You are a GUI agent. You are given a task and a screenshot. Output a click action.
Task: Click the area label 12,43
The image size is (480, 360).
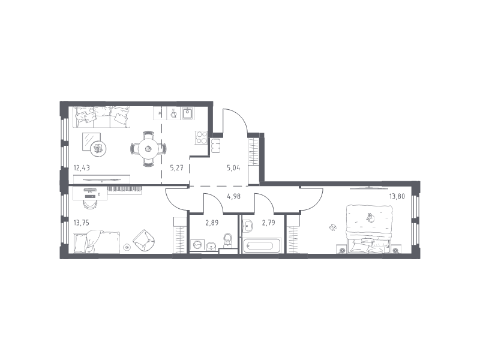tap(82, 168)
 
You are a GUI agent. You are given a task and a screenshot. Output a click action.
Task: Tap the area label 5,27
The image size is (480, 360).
tap(176, 168)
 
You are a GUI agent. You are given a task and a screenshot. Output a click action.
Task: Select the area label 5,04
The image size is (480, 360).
tap(233, 168)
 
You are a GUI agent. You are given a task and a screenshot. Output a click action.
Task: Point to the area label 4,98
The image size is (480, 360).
tap(233, 196)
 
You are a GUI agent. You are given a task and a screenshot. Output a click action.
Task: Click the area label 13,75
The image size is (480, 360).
tap(82, 223)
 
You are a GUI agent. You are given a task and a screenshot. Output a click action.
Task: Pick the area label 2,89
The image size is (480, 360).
tap(212, 223)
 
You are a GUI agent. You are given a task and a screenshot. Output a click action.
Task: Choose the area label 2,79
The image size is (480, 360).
tap(268, 223)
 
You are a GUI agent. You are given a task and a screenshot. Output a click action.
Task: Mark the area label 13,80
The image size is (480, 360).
tap(397, 196)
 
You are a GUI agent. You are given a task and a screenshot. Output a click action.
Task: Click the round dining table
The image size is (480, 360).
tap(148, 149)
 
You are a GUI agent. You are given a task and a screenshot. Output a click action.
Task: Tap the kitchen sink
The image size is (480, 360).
tap(187, 113)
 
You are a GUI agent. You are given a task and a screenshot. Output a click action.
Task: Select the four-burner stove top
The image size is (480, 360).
tap(202, 138)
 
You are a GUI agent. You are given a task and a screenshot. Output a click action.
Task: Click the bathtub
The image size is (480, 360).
tap(262, 246)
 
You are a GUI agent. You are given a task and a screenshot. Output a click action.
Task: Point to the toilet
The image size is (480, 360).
tap(228, 241)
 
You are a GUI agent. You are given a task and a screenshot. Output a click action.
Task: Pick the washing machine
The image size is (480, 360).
tap(196, 245)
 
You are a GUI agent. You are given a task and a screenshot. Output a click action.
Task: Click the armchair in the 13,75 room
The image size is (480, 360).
tap(143, 241)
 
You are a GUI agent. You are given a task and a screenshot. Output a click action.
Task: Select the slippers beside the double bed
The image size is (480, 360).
tap(332, 227)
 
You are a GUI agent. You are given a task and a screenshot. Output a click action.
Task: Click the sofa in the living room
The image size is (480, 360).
tap(101, 116)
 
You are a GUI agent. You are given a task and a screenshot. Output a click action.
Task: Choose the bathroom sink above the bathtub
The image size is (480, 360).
tap(247, 226)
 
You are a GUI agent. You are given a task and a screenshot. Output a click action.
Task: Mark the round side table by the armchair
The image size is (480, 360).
tap(127, 247)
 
